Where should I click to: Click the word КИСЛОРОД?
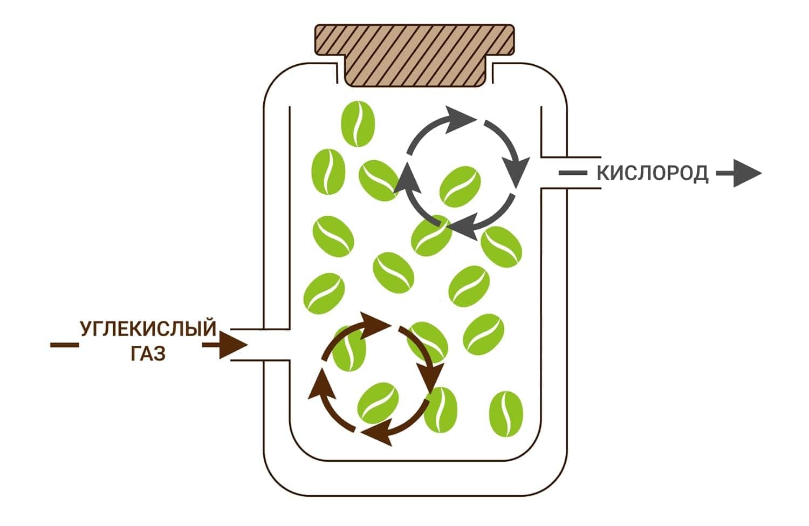tap(652, 173)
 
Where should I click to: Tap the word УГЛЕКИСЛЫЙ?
tap(148, 329)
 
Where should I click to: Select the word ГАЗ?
tap(148, 353)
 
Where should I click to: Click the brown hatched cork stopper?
tap(415, 55)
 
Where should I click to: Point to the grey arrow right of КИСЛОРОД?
tap(739, 173)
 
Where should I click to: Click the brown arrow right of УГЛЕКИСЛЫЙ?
tap(225, 345)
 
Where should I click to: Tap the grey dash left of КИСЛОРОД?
tap(573, 173)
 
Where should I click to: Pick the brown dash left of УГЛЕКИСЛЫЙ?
tap(64, 345)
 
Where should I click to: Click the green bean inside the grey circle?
tap(460, 187)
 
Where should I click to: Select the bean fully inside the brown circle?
tap(378, 403)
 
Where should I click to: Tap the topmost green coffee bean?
tap(358, 124)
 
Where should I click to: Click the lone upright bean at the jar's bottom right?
tap(506, 414)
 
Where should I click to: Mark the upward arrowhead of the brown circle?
tap(321, 384)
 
